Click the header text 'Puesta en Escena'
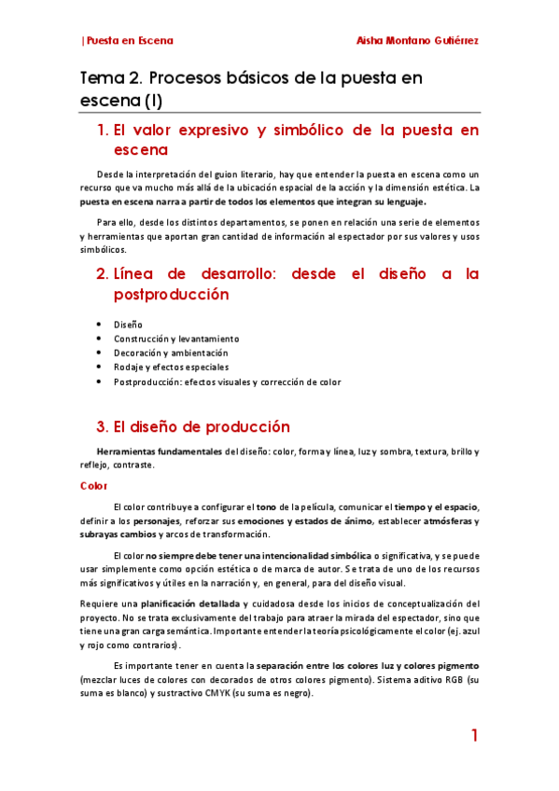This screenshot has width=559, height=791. click(x=129, y=40)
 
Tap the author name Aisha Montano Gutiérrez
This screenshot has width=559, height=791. click(x=418, y=40)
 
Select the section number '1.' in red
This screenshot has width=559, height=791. click(x=104, y=131)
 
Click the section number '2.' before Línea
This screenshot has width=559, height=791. click(x=103, y=274)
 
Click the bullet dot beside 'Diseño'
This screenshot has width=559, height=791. click(x=99, y=324)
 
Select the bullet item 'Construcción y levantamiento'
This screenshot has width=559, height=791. click(x=176, y=339)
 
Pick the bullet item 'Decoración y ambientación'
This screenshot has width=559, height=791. click(x=171, y=353)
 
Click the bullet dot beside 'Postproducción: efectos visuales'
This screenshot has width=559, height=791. click(x=99, y=382)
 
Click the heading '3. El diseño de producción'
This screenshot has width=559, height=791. click(x=193, y=427)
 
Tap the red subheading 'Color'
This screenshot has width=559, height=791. click(x=94, y=486)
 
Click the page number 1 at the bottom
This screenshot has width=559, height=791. click(x=474, y=737)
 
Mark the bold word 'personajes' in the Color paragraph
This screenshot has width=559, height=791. click(x=157, y=520)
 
